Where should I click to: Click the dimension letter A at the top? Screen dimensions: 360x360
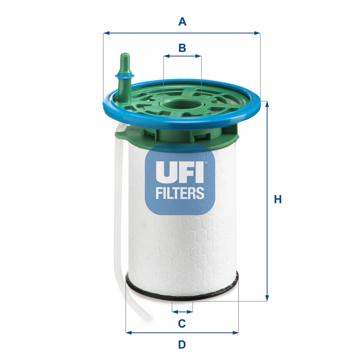pos(182,21)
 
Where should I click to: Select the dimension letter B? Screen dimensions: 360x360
pos(182,48)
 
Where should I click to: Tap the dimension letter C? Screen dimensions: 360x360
pos(182,323)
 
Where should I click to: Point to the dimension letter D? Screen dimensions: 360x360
pos(182,345)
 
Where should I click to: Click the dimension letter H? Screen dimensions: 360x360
pos(278,199)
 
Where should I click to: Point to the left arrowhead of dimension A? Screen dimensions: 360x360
pos(106,33)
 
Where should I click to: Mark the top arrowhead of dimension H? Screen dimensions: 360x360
pos(267,104)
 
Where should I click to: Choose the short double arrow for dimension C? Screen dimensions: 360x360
pos(182,311)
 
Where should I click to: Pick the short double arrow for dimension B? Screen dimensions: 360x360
pos(182,56)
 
